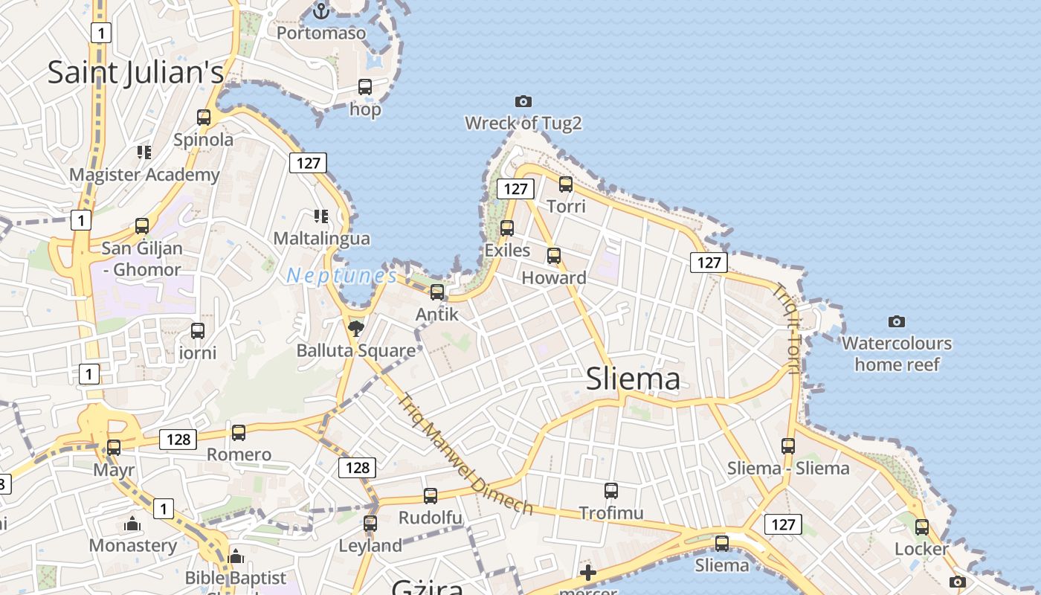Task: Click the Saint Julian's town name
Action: point(135,72)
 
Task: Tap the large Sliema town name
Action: point(633,379)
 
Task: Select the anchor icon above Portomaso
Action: point(321,11)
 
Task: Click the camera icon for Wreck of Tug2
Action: point(523,101)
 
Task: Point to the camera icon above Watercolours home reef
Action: point(897,321)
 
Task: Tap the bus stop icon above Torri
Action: point(566,184)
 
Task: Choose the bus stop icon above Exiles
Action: point(507,228)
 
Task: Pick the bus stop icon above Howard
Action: point(554,255)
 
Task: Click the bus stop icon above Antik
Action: point(437,292)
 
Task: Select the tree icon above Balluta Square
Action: point(356,327)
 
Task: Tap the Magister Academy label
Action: point(144,175)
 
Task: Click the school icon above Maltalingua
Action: point(321,216)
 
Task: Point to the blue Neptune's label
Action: point(342,276)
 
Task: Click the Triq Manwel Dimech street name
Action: point(465,454)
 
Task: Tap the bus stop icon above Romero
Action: point(239,432)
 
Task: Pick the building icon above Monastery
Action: point(133,524)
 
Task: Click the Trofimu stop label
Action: point(611,512)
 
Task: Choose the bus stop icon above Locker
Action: point(922,527)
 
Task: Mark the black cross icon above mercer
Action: point(588,573)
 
